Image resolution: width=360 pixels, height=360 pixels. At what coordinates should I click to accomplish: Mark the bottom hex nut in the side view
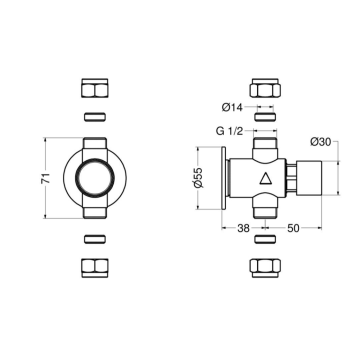(x=265, y=270)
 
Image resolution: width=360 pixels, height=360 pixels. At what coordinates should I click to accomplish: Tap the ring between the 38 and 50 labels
(x=265, y=241)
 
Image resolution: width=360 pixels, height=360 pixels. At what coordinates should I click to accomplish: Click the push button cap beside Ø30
(x=314, y=178)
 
